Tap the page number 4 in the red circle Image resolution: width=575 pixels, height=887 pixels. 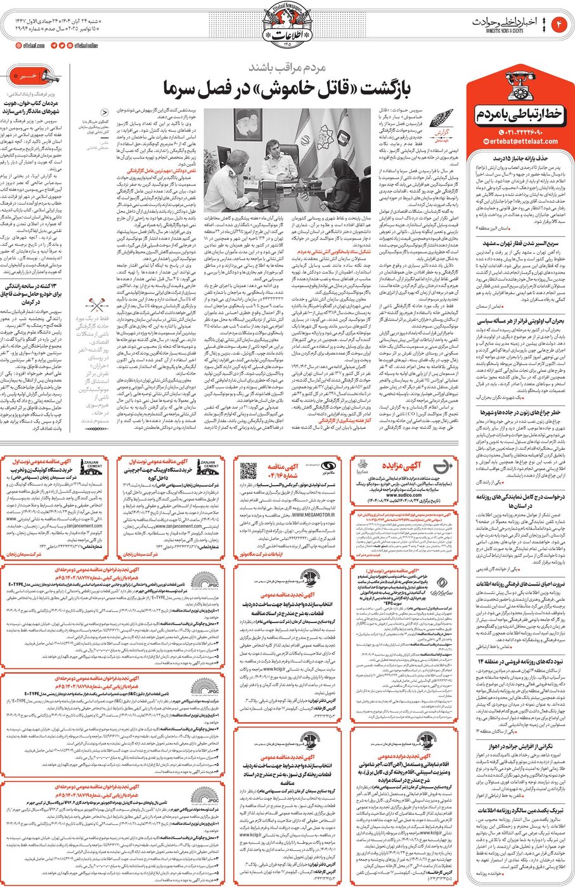(x=560, y=24)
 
